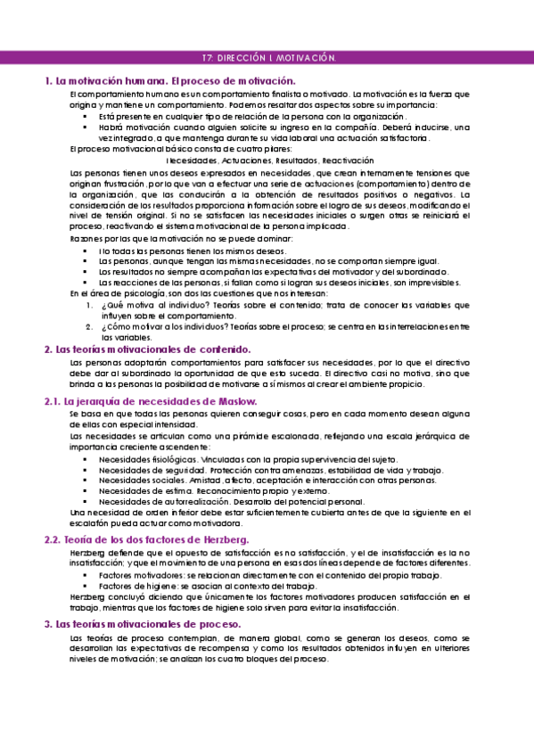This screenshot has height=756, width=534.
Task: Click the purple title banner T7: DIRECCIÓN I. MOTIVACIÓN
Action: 267,58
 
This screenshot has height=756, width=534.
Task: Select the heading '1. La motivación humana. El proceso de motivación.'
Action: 170,81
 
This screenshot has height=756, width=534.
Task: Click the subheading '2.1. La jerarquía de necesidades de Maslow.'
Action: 150,402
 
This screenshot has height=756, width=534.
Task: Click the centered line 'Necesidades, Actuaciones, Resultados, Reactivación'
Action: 267,160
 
